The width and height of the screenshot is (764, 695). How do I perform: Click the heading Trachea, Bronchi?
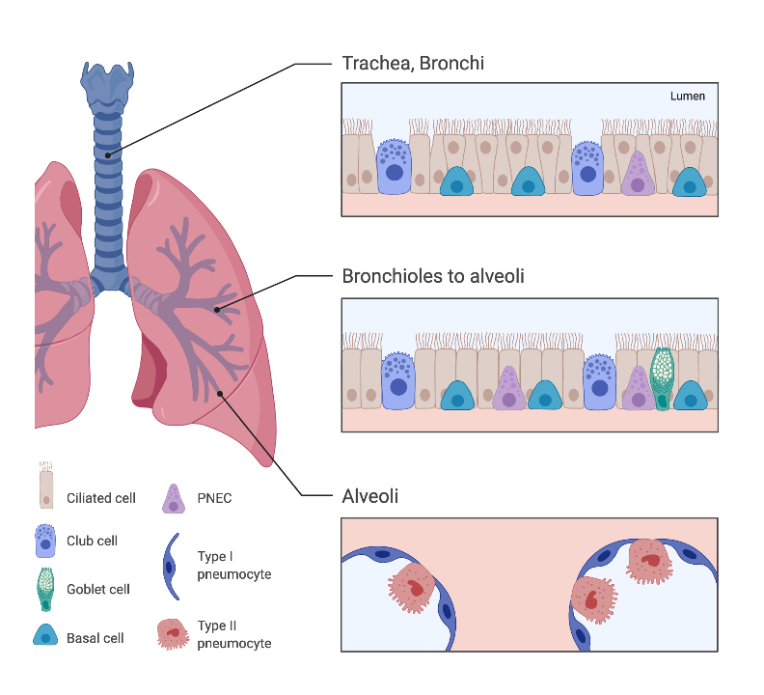413,64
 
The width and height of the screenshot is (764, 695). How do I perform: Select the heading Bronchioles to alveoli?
433,276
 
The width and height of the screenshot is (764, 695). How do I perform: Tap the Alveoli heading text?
369,496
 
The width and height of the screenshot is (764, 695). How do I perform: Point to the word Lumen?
687,97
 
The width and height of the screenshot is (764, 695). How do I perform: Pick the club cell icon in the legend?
44,541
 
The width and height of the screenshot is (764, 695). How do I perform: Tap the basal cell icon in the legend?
45,635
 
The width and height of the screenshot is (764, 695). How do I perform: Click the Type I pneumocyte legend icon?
171,565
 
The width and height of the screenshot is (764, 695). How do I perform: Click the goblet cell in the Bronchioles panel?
662,377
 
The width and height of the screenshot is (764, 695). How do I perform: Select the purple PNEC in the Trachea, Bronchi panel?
635,175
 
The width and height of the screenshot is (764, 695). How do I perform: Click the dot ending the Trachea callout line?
108,154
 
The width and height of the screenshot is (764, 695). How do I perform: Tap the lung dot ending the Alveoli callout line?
221,392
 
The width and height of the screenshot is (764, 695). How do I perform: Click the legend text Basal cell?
95,638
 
